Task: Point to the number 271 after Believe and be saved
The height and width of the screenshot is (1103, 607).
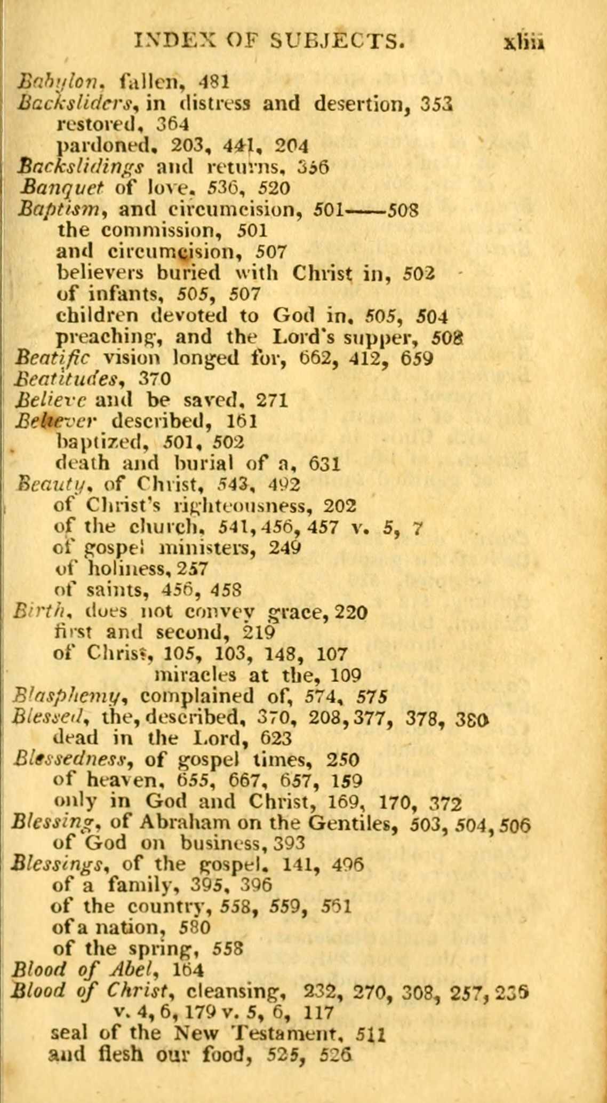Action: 272,400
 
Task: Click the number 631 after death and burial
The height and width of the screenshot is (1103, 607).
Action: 324,463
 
